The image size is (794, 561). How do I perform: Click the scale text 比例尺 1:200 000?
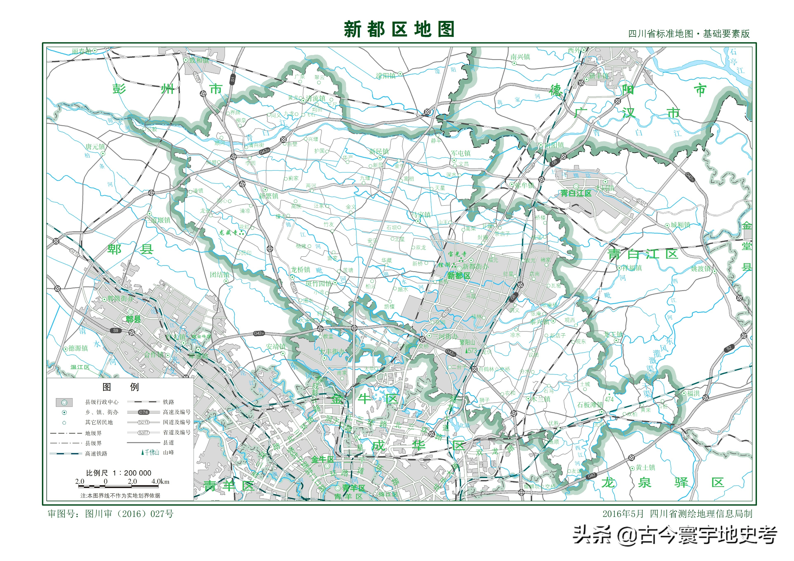pyautogui.click(x=119, y=473)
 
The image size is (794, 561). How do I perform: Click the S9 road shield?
pyautogui.click(x=116, y=330)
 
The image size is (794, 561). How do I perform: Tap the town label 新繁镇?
pyautogui.click(x=268, y=196)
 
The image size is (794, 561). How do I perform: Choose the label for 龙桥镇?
pyautogui.click(x=301, y=270)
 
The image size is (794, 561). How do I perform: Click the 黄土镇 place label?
pyautogui.click(x=645, y=467)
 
